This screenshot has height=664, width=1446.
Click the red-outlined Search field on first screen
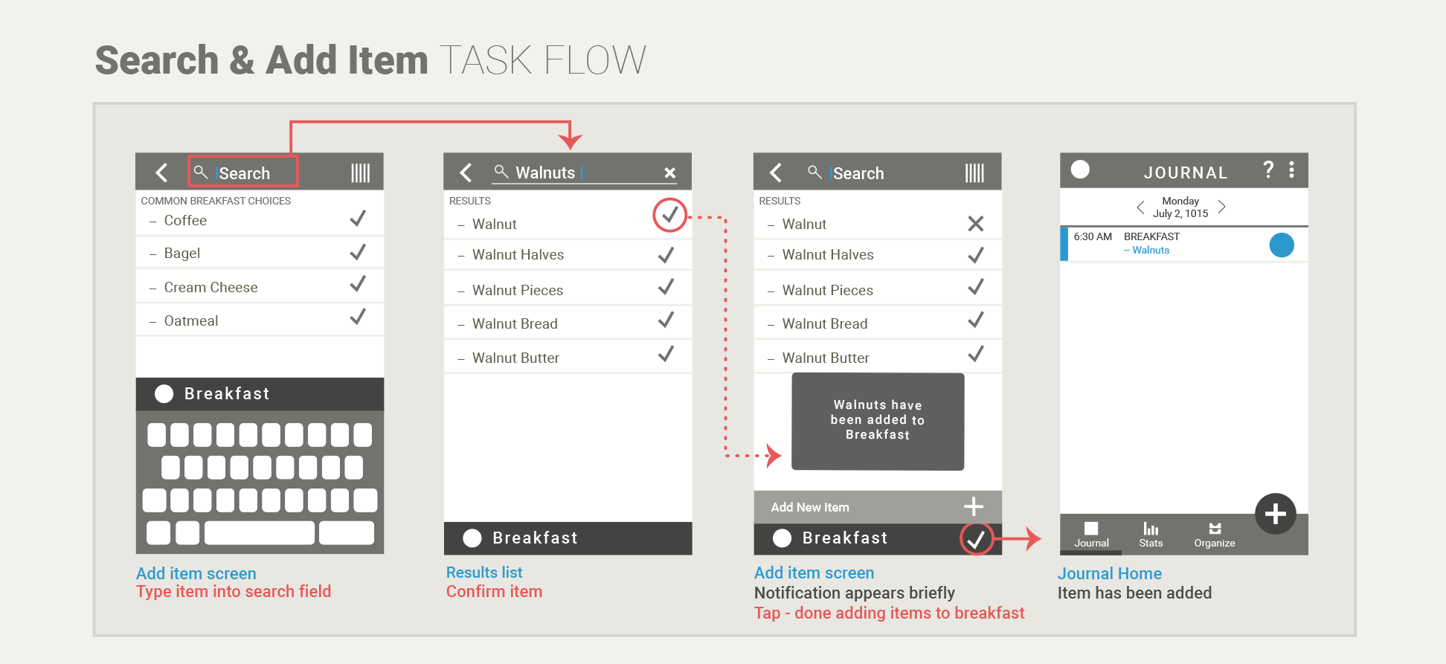pyautogui.click(x=242, y=172)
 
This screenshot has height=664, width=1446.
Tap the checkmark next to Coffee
pyautogui.click(x=358, y=219)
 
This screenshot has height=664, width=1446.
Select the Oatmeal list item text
pyautogui.click(x=190, y=321)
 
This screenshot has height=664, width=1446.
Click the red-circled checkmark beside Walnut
pyautogui.click(x=669, y=215)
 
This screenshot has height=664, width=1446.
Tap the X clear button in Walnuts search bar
pyautogui.click(x=669, y=173)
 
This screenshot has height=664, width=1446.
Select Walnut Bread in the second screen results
pyautogui.click(x=514, y=324)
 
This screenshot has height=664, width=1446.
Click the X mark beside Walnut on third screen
pyautogui.click(x=975, y=224)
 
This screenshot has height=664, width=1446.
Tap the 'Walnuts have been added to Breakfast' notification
pyautogui.click(x=877, y=421)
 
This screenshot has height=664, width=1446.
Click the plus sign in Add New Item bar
pyautogui.click(x=973, y=507)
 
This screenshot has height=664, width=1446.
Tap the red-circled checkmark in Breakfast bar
pyautogui.click(x=976, y=538)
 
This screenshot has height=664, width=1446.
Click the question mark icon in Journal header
pyautogui.click(x=1268, y=170)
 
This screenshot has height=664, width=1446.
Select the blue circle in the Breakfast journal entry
pyautogui.click(x=1281, y=245)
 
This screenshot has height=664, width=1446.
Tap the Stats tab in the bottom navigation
pyautogui.click(x=1150, y=535)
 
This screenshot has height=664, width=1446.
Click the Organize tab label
pyautogui.click(x=1214, y=543)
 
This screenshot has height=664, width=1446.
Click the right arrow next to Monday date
pyautogui.click(x=1221, y=207)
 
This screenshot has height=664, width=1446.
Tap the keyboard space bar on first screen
pyautogui.click(x=259, y=532)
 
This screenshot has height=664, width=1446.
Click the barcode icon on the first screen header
pyautogui.click(x=360, y=173)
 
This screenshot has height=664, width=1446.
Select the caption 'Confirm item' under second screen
pyautogui.click(x=494, y=592)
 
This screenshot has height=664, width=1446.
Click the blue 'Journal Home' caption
pyautogui.click(x=1109, y=574)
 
